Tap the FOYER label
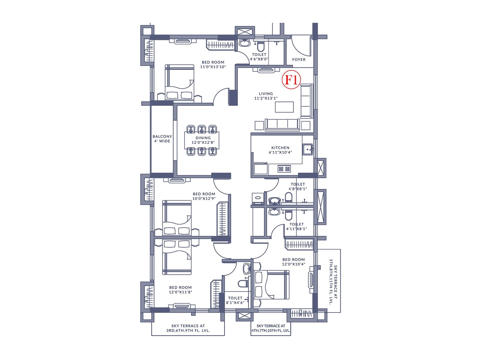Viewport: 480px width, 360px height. click(299, 59)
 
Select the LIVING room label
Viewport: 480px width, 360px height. click(266, 94)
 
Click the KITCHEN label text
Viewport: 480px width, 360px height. click(280, 148)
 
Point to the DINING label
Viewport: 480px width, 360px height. click(203, 138)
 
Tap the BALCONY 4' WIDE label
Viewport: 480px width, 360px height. click(162, 139)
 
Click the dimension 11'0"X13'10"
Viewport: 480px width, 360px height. click(213, 67)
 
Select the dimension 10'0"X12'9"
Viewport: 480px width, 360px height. click(204, 199)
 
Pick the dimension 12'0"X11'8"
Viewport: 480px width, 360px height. click(180, 292)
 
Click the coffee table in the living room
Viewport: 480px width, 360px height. click(284, 107)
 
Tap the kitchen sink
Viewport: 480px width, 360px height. click(307, 149)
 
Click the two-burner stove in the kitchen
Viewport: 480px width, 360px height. click(284, 169)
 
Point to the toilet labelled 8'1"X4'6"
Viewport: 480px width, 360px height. click(235, 300)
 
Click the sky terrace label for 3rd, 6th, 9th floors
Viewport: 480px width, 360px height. click(188, 328)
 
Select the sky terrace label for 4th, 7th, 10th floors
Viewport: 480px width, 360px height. click(271, 328)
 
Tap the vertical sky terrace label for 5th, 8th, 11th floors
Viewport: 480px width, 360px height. click(333, 282)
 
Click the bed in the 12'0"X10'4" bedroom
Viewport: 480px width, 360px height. click(271, 285)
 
